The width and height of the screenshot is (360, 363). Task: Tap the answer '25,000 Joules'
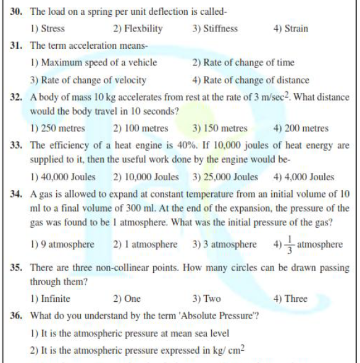(x=230, y=177)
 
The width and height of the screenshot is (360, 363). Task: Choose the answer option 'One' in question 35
(x=132, y=299)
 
